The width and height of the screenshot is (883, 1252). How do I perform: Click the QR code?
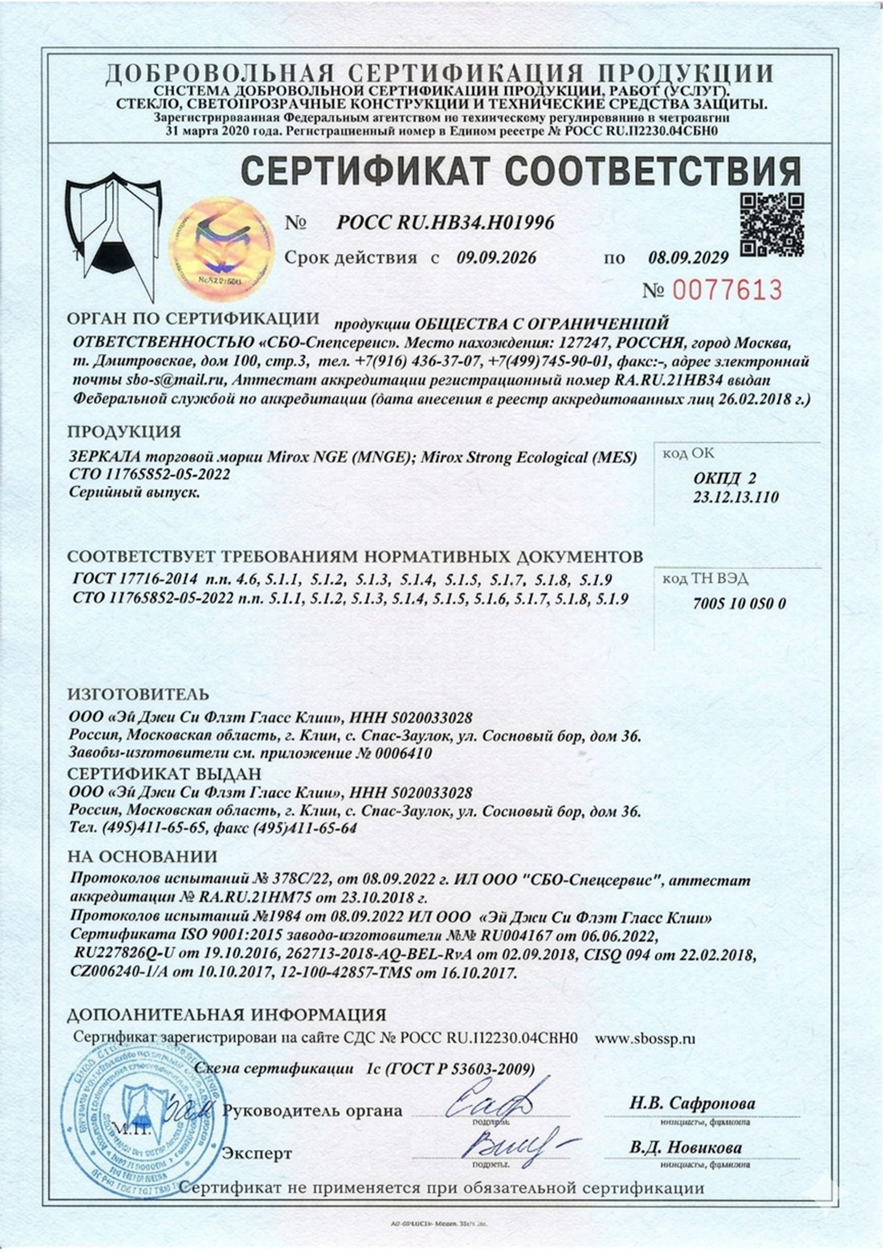771,225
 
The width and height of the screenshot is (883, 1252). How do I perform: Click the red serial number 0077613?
727,289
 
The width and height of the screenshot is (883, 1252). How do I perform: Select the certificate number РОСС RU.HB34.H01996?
445,222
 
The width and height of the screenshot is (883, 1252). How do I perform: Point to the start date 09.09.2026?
496,257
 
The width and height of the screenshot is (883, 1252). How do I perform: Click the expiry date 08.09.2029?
688,257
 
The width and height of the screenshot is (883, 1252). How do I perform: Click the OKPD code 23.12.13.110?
736,497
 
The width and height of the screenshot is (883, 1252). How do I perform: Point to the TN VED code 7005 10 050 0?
739,604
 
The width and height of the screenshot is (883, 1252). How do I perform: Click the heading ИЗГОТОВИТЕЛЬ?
138,694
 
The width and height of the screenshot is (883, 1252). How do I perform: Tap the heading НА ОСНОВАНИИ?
142,857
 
